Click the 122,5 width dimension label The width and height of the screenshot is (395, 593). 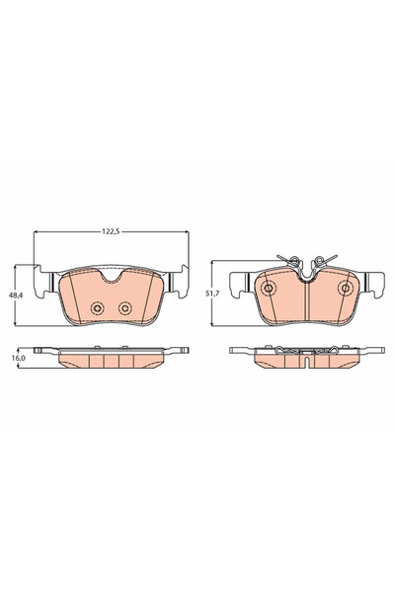(111, 228)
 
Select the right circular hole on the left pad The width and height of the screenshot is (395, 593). (125, 307)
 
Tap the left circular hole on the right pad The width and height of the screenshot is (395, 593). (269, 289)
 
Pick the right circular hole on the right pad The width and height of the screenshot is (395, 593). (345, 289)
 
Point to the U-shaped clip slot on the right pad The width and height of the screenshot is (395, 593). (306, 274)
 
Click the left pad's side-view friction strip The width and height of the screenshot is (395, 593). (111, 361)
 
